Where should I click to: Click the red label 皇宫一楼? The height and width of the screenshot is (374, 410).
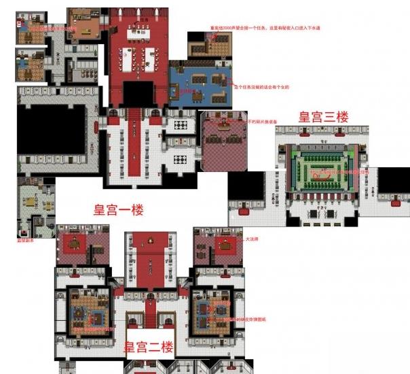[x=119, y=210]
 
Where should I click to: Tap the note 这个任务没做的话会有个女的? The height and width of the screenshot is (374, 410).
[x=265, y=88]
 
